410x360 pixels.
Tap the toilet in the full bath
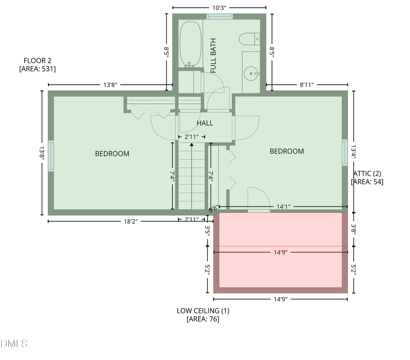249,40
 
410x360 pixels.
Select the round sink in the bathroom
250,73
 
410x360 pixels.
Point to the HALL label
205,123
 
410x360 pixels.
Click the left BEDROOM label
112,154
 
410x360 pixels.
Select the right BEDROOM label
287,151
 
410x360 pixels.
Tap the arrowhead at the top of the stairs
192,144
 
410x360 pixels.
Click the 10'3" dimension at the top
219,7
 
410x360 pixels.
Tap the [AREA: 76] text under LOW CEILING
203,319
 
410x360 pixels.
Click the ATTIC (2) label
367,173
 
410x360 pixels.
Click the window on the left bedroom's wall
51,156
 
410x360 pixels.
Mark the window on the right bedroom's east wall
345,152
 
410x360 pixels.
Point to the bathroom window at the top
220,17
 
